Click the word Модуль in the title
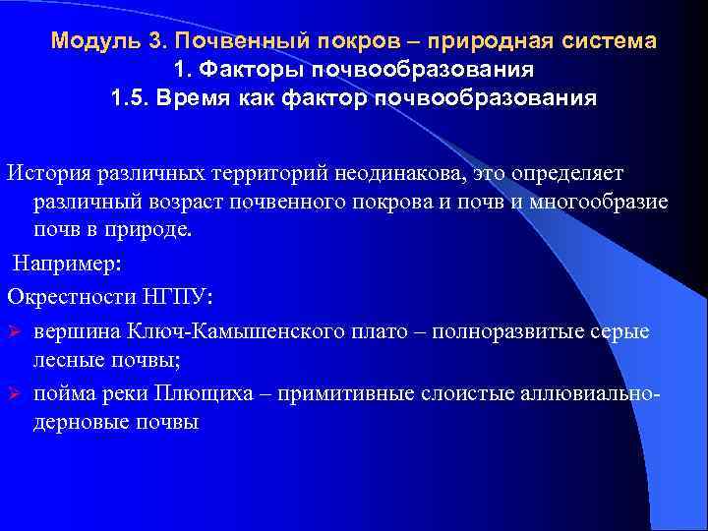pyautogui.click(x=87, y=42)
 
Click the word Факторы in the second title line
pyautogui.click(x=255, y=71)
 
